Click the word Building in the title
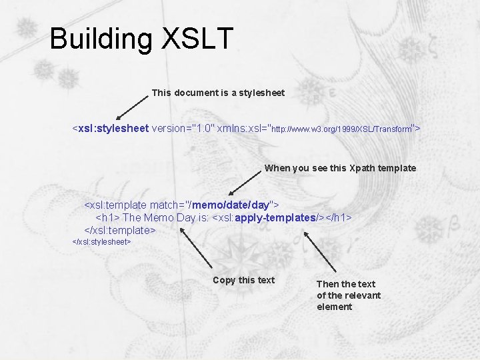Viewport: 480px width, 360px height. point(101,39)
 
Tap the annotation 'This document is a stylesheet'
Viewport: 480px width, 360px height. point(218,93)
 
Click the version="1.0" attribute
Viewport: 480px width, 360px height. point(182,127)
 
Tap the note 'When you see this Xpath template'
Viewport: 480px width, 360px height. point(340,168)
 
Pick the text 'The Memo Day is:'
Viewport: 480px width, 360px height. point(166,217)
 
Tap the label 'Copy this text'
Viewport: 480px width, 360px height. point(243,280)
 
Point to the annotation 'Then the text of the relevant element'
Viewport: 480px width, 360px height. point(348,295)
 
